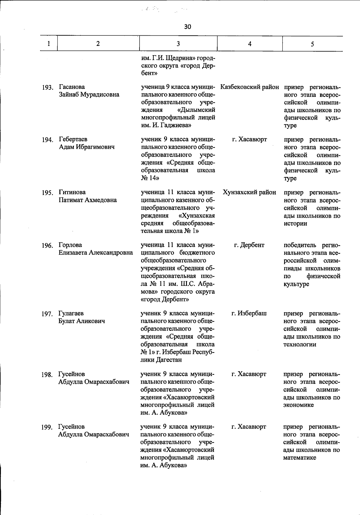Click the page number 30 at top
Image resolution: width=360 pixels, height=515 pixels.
click(187, 27)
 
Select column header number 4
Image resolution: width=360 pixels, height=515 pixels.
click(250, 44)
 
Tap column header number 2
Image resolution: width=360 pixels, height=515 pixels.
click(98, 44)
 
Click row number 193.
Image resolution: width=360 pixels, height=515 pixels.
click(47, 88)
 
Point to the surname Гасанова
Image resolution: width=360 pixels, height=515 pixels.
click(72, 87)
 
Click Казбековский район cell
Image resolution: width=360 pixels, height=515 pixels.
click(250, 87)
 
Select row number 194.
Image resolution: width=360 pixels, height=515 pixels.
click(47, 140)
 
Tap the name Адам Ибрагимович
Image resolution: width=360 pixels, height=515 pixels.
click(87, 147)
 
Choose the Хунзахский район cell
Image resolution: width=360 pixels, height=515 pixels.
click(250, 192)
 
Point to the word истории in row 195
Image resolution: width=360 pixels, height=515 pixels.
click(295, 223)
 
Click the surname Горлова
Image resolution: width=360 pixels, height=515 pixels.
click(70, 245)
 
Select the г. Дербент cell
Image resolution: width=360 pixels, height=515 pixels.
click(249, 245)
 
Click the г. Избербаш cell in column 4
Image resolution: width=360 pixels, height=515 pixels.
click(249, 313)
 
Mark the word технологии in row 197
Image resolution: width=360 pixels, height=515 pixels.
click(300, 345)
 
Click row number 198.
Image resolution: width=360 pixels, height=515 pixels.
click(47, 375)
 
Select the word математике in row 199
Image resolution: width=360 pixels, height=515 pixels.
click(299, 458)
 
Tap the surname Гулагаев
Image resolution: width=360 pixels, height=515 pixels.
click(71, 313)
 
